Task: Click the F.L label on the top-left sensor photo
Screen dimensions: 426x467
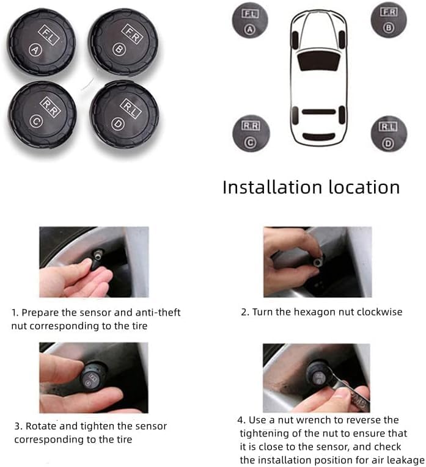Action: pyautogui.click(x=49, y=35)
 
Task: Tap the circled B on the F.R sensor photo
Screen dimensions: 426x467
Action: pyautogui.click(x=119, y=49)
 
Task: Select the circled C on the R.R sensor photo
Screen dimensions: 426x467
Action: pyautogui.click(x=37, y=121)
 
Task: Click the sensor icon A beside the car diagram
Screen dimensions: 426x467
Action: pyautogui.click(x=250, y=20)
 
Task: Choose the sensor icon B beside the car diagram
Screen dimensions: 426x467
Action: pyautogui.click(x=389, y=20)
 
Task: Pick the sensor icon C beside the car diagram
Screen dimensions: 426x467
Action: pyautogui.click(x=251, y=133)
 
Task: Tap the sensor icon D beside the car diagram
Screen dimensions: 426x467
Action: pyautogui.click(x=389, y=134)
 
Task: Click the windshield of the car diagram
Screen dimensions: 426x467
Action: pyautogui.click(x=318, y=61)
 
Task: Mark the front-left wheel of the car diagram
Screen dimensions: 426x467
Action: pyautogui.click(x=295, y=40)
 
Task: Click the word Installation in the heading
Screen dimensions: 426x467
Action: pyautogui.click(x=272, y=187)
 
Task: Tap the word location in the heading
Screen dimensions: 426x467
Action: pyautogui.click(x=364, y=187)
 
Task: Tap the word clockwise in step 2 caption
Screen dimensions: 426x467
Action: pyautogui.click(x=380, y=312)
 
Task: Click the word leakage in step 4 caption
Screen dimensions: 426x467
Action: pyautogui.click(x=406, y=460)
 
